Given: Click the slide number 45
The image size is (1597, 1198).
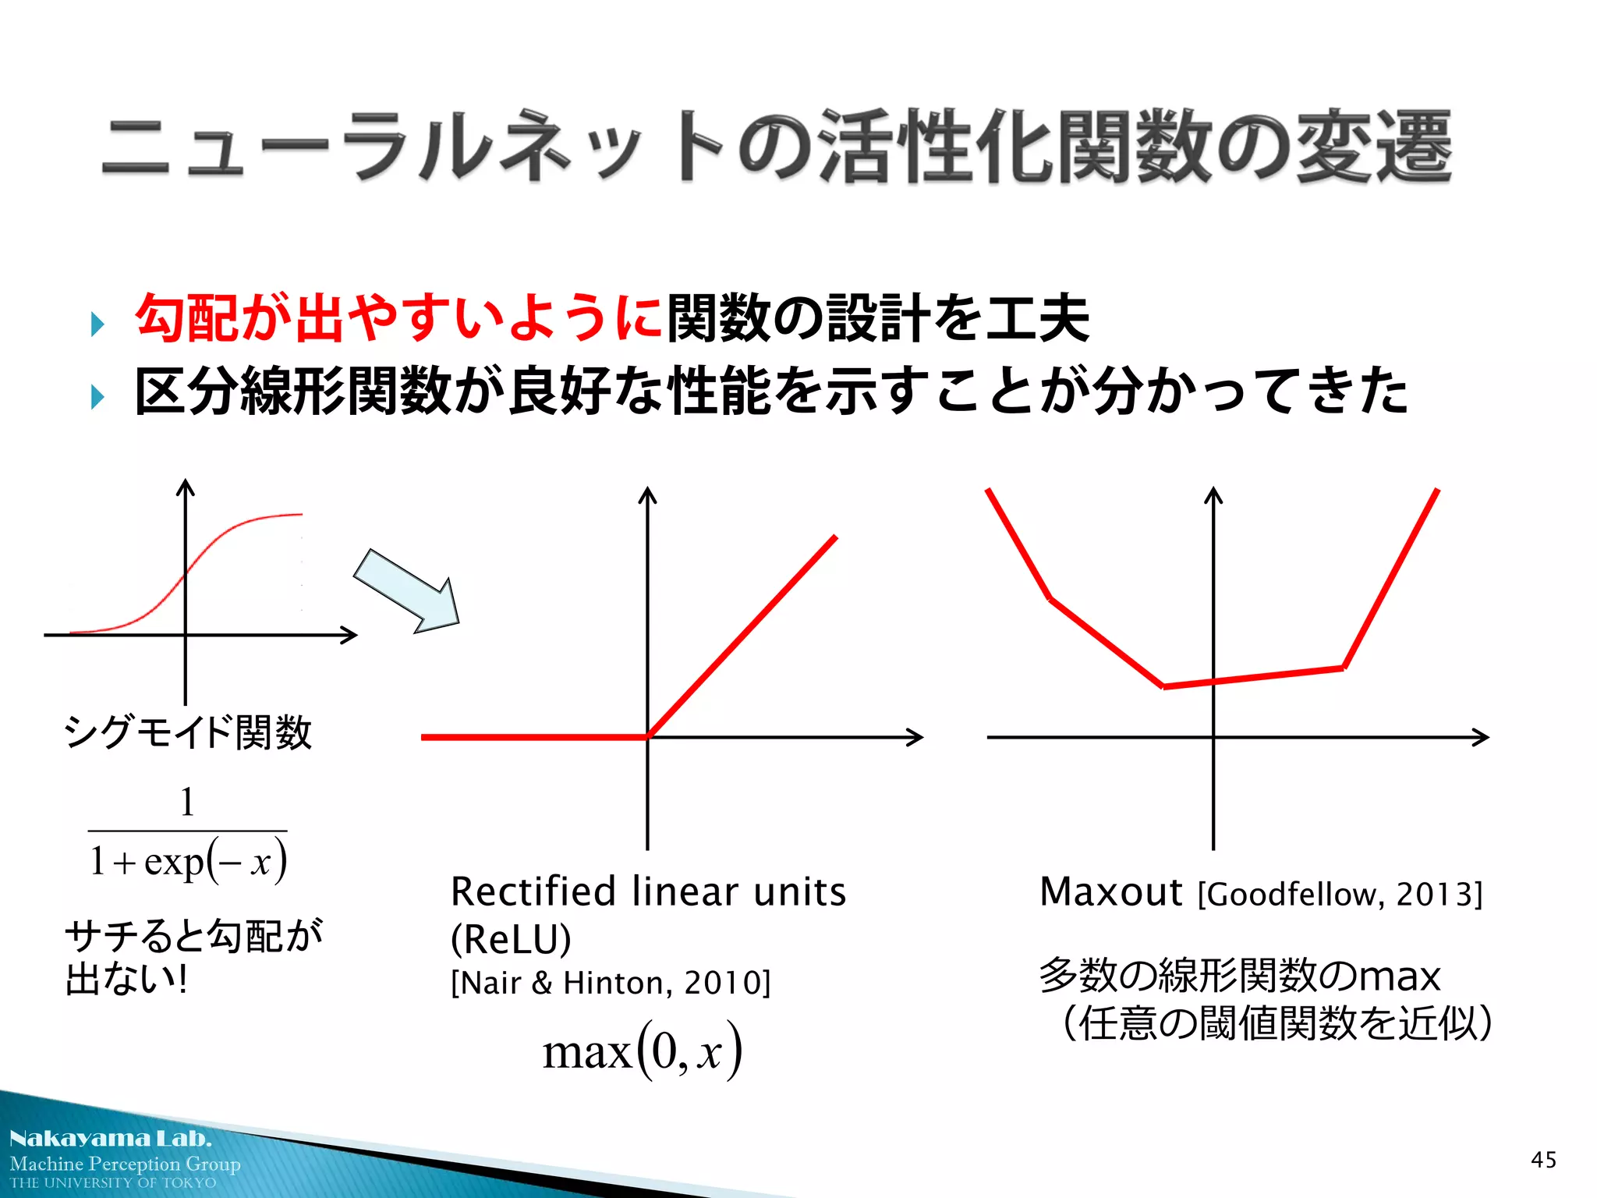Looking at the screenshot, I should [1543, 1160].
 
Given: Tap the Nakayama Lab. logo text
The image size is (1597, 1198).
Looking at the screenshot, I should [110, 1139].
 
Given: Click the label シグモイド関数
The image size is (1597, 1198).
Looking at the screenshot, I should [187, 732].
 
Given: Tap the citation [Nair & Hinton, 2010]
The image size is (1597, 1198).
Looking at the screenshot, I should [611, 983].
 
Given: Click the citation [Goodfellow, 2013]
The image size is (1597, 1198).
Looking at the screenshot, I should [1340, 894].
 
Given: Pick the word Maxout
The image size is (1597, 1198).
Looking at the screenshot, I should [1111, 892].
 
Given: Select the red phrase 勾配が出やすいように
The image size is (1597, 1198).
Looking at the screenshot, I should [398, 318].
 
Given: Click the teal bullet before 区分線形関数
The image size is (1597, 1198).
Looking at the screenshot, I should [97, 397].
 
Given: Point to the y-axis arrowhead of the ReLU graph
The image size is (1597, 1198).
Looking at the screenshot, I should [647, 494].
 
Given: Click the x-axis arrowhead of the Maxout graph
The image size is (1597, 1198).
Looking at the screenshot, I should [1481, 737].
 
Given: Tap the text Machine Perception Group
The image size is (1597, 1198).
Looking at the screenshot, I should [125, 1164].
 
